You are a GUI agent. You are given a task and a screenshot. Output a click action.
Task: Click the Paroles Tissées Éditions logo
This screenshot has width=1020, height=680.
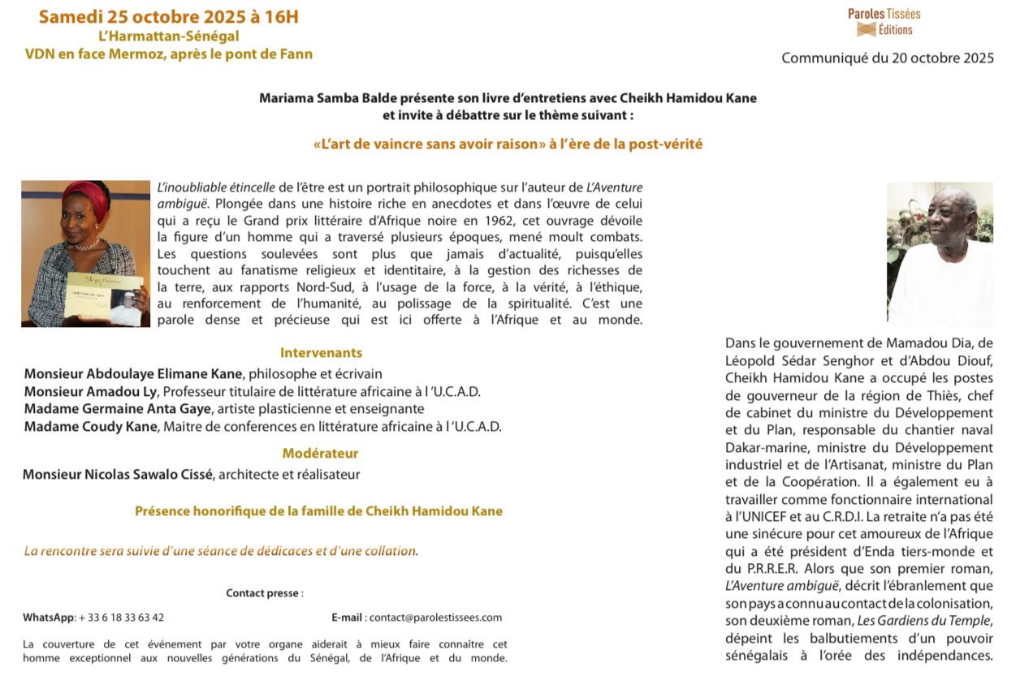tap(884, 22)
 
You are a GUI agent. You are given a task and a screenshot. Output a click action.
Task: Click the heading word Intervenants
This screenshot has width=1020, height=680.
tap(321, 353)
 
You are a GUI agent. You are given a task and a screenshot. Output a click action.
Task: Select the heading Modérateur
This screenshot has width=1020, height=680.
tap(320, 453)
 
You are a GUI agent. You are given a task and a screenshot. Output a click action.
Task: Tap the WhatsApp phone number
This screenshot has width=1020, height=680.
tap(121, 618)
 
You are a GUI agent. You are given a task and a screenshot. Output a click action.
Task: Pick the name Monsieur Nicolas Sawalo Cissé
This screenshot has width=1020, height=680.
tap(117, 475)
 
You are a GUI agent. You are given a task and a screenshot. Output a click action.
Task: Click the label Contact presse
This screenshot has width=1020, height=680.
tap(263, 593)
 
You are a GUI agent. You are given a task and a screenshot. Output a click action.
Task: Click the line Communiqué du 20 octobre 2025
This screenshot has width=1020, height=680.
tap(887, 58)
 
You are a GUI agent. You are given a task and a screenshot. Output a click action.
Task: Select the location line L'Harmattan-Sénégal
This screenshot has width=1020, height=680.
tap(169, 36)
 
